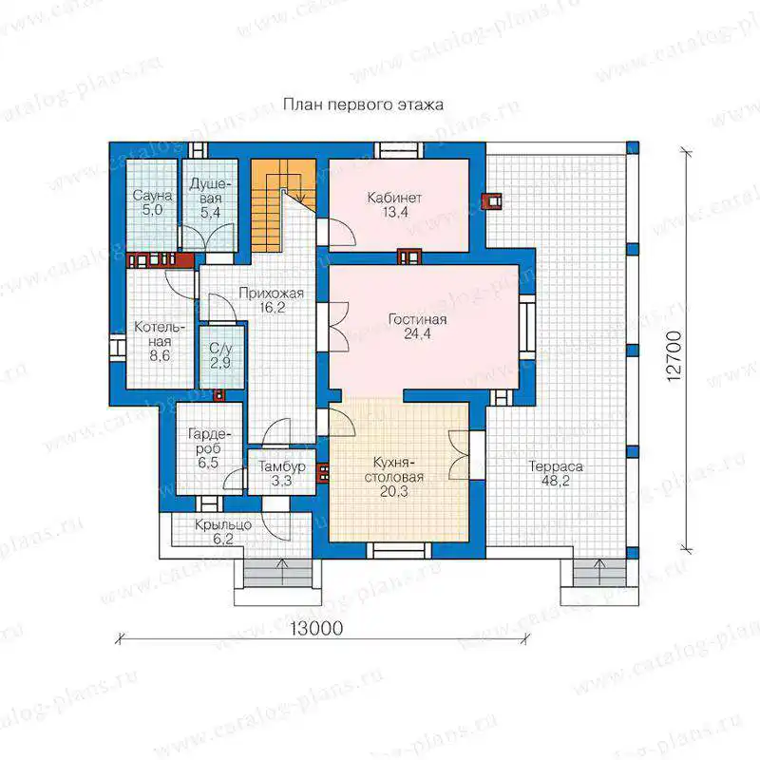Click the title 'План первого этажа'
coord(363,104)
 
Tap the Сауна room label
coord(152,196)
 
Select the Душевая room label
coord(210,191)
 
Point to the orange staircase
coord(283,205)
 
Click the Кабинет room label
coord(394,198)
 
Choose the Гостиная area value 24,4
coord(417,333)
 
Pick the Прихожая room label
coord(271,294)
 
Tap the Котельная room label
coord(160,334)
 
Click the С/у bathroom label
coord(221,348)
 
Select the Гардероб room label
coord(209,441)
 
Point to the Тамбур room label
coord(281,466)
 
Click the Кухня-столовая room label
coord(394,469)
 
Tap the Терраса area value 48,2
coord(556,481)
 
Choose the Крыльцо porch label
coord(223,525)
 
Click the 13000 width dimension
coord(316,628)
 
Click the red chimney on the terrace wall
coord(491,201)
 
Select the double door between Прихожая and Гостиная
coord(339,326)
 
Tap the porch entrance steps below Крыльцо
coord(277,575)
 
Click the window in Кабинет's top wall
coord(398,150)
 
